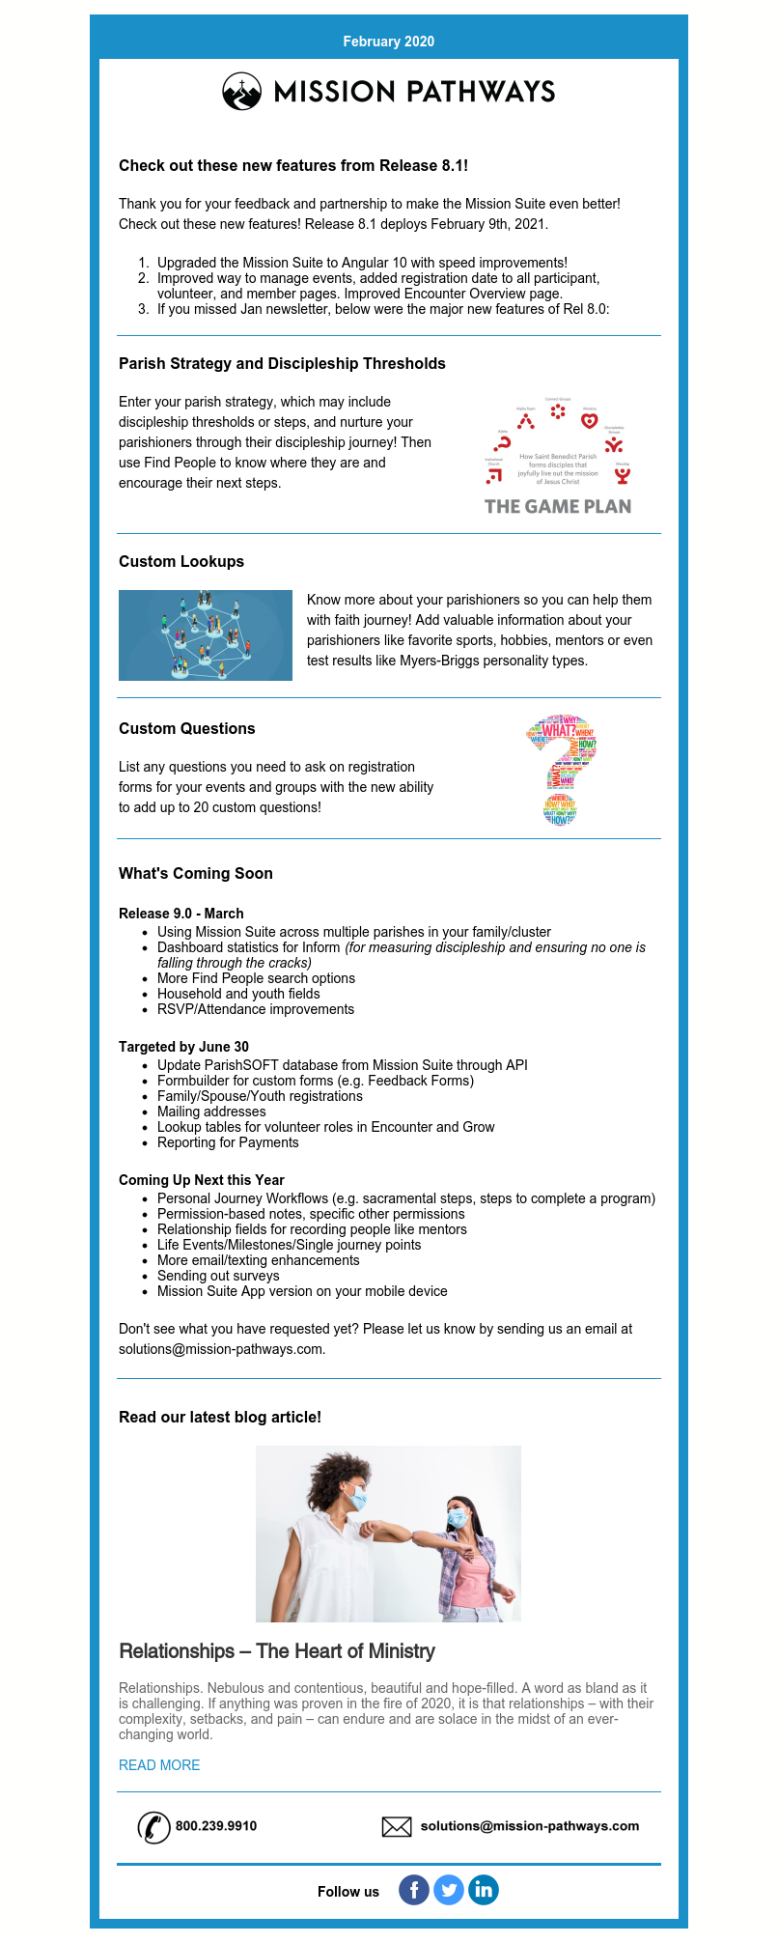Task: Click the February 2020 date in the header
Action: tap(388, 42)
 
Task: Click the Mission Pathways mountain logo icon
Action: tap(241, 92)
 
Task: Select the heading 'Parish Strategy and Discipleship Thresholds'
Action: tap(282, 363)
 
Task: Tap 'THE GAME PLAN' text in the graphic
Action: tap(558, 506)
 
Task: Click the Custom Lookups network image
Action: tap(206, 635)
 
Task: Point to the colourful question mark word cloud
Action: tap(561, 770)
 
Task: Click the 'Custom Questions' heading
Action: tap(187, 728)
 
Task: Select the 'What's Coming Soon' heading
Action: tap(196, 873)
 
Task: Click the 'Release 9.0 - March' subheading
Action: tap(181, 914)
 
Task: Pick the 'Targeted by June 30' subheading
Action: tap(183, 1047)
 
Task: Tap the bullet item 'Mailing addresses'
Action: tap(211, 1112)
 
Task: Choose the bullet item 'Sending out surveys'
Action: tap(218, 1276)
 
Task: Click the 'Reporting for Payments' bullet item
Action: tap(228, 1142)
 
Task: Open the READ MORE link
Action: tap(159, 1765)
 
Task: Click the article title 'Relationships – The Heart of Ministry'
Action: tap(277, 1651)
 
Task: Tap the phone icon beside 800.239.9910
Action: tap(153, 1826)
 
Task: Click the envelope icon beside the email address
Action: tap(397, 1826)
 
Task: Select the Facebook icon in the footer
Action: tap(414, 1890)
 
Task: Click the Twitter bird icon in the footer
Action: tap(449, 1890)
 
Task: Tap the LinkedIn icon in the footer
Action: tap(484, 1890)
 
